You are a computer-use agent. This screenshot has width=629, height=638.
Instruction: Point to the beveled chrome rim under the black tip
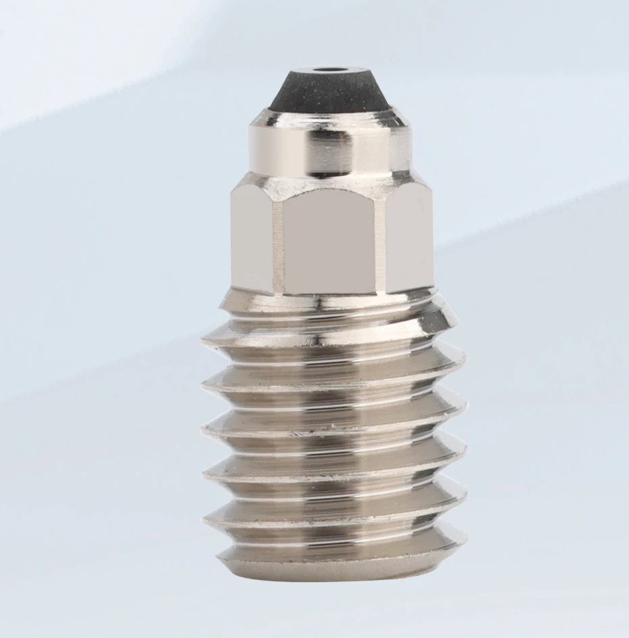point(329,119)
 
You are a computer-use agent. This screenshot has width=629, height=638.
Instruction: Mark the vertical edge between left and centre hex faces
point(277,244)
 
